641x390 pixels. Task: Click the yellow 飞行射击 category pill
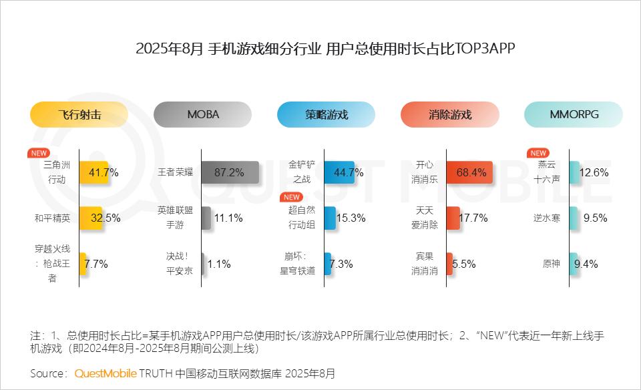tap(79, 114)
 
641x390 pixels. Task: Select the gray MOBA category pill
tap(202, 114)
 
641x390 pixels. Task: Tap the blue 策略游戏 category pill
tap(326, 114)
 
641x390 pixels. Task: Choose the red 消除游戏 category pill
tap(449, 114)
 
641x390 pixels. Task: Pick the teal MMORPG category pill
tap(574, 114)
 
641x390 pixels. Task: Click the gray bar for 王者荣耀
tap(230, 172)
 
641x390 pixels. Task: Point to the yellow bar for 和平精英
tap(91, 218)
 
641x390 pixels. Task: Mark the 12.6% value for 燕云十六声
tap(594, 172)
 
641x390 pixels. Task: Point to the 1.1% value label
tap(219, 264)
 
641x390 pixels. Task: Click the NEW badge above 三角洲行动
tap(39, 153)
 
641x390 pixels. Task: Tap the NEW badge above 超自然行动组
tap(291, 198)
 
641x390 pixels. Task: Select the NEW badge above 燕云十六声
tap(538, 153)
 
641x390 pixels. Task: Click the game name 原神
tap(552, 264)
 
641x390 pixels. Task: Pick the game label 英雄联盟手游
tap(176, 218)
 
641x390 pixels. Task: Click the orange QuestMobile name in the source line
tap(105, 373)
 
